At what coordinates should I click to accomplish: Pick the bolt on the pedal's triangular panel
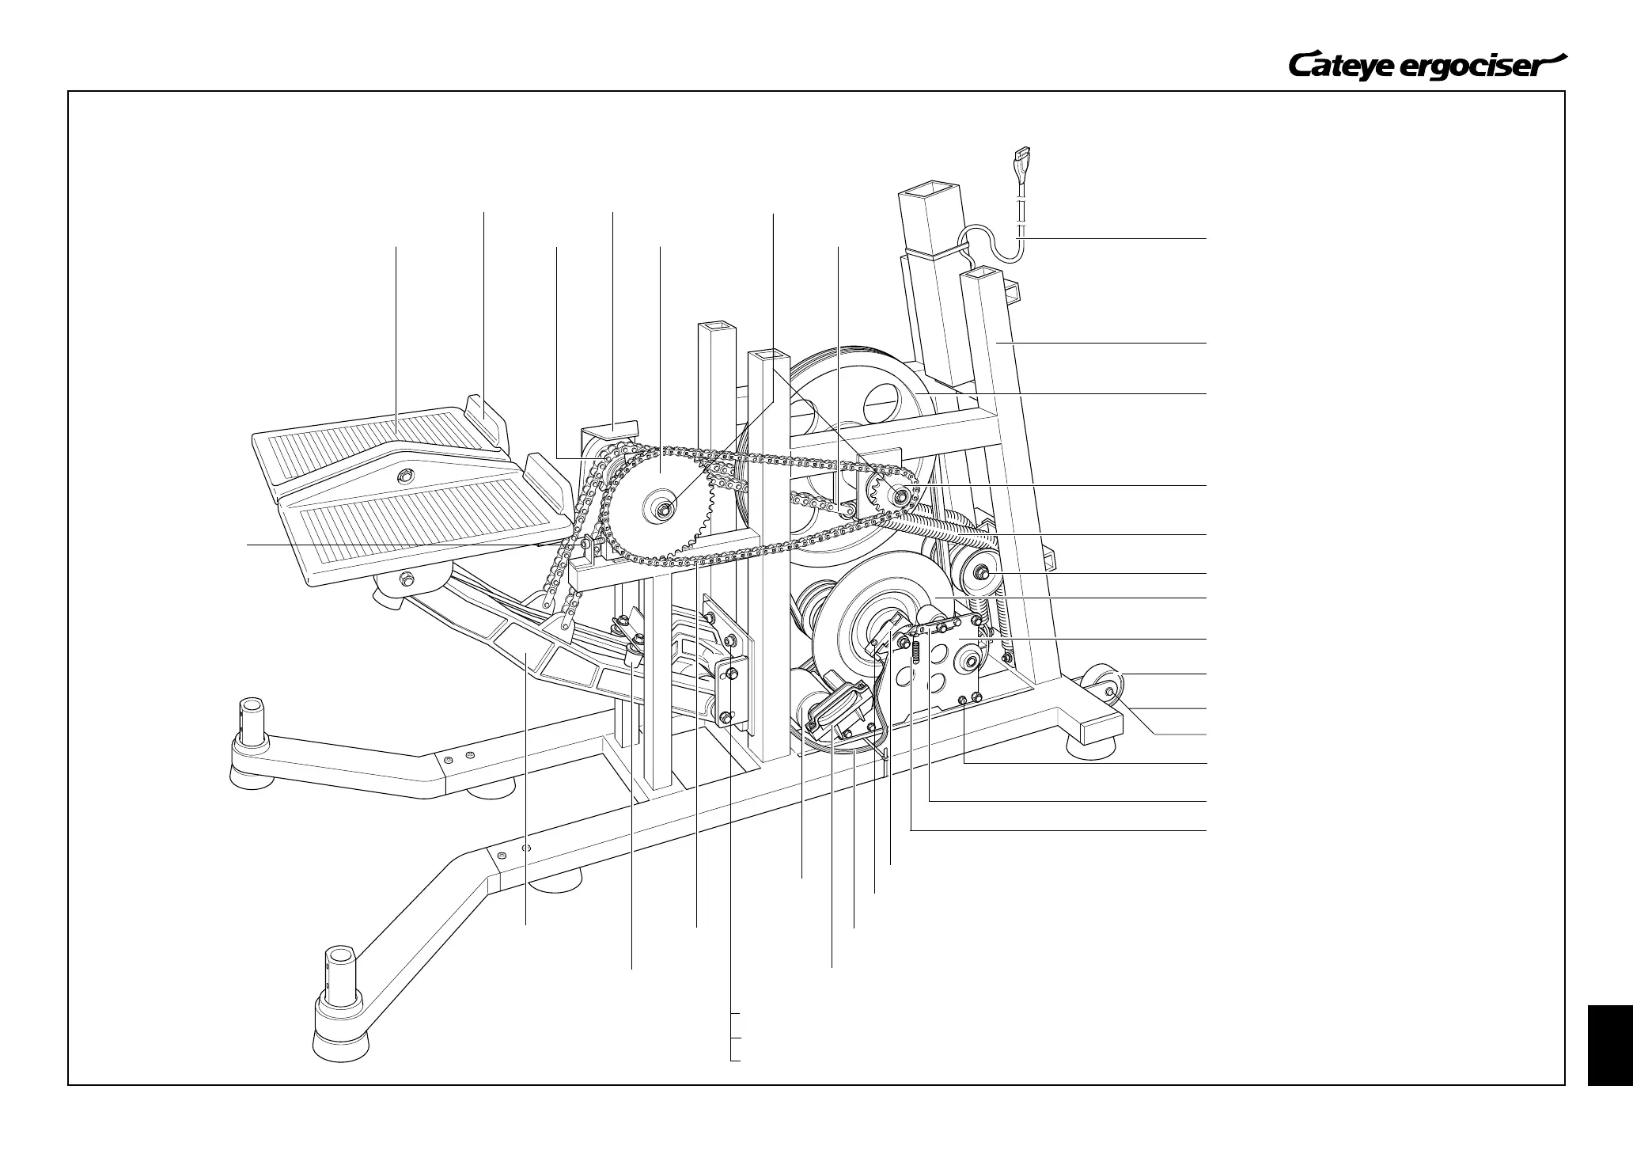point(404,475)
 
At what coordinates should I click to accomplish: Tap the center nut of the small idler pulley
point(982,571)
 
